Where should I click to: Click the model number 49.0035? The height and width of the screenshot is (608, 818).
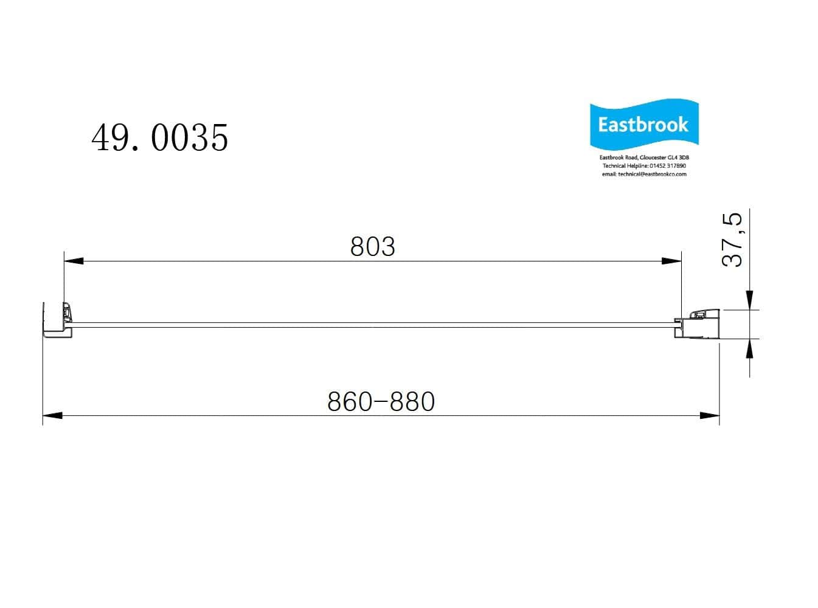click(160, 137)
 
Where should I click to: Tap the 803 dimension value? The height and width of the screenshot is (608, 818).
click(372, 247)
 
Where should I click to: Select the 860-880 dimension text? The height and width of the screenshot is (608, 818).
click(381, 401)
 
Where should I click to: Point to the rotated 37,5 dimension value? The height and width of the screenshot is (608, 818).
click(732, 240)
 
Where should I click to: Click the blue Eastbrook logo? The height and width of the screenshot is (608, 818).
click(644, 124)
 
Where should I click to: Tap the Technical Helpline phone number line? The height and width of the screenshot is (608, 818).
click(644, 166)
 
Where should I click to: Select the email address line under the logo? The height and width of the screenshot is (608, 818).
click(644, 174)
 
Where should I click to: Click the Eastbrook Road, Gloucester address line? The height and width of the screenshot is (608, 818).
click(644, 157)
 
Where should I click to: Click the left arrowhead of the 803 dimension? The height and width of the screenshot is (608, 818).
click(74, 261)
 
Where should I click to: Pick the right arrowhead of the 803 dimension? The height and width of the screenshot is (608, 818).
click(671, 261)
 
